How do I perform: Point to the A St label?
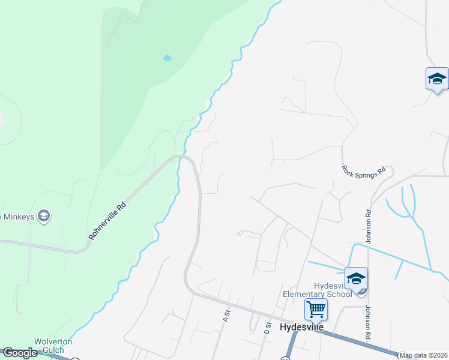[x=227, y=314]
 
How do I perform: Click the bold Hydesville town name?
[x=302, y=327]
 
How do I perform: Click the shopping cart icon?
[x=316, y=310]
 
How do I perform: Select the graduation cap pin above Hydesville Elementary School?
[x=356, y=279]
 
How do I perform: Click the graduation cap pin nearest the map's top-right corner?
[x=437, y=79]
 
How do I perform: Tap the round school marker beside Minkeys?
[x=43, y=216]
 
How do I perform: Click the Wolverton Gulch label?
[x=52, y=346]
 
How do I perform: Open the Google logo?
[x=20, y=353]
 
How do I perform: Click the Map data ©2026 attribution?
[x=423, y=355]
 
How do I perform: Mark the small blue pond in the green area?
[x=167, y=58]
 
